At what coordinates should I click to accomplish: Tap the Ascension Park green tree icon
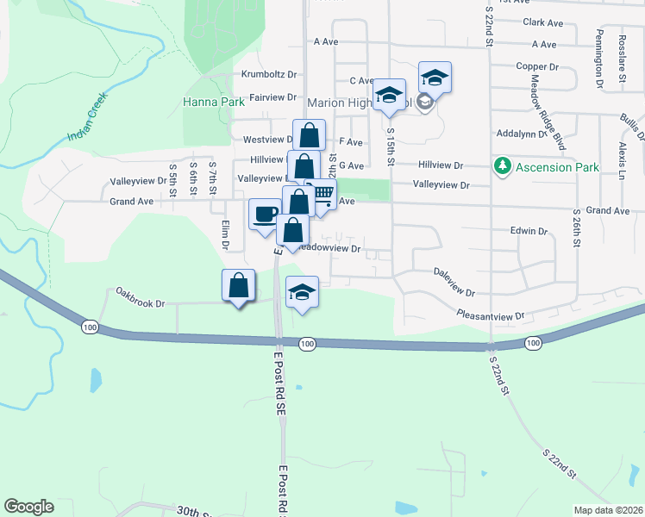(501, 166)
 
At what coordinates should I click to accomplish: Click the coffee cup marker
(265, 213)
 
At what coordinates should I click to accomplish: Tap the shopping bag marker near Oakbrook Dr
(238, 285)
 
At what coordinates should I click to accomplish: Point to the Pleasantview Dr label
(491, 316)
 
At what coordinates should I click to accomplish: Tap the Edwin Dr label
(529, 231)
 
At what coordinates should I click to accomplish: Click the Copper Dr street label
(538, 65)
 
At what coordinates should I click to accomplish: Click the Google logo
(28, 507)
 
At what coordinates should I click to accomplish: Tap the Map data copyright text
(608, 510)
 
